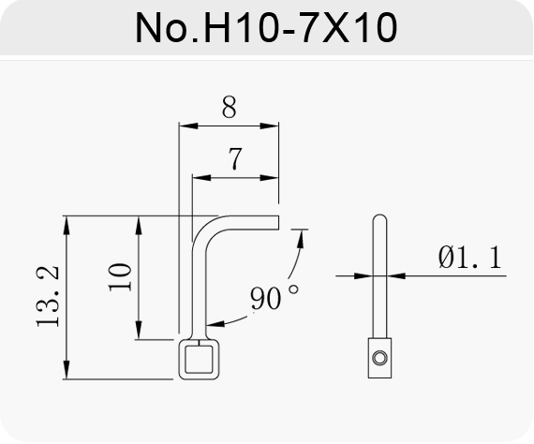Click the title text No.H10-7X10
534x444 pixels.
coord(266,27)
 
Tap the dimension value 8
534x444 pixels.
coord(229,107)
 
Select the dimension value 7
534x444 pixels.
coord(235,158)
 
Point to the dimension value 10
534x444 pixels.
coord(120,277)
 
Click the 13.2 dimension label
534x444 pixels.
coord(48,297)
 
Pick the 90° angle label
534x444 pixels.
coord(274,297)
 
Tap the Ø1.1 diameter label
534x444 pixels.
coord(470,258)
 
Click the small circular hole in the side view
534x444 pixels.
coord(379,358)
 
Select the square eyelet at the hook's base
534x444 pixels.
coord(200,359)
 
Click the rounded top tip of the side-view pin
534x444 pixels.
coord(379,215)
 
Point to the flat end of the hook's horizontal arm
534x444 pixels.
coord(278,222)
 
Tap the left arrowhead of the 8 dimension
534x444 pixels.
coord(188,126)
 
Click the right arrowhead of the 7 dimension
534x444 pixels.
coord(270,178)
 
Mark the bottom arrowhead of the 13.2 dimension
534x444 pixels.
coord(67,369)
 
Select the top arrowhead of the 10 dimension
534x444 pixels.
coord(139,226)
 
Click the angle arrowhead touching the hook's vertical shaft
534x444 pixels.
coord(215,323)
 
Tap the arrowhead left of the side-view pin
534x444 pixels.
coord(363,275)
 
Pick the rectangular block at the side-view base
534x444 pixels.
coord(379,358)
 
